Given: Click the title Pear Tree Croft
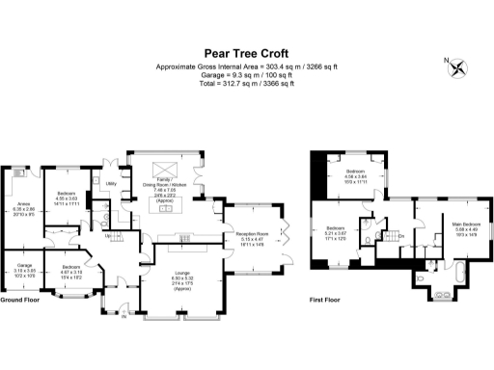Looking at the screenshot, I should coord(247,54).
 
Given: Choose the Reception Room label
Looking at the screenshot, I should coord(258,234).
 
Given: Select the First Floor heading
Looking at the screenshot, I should coord(323,300).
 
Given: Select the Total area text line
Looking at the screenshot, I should coord(247,84).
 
